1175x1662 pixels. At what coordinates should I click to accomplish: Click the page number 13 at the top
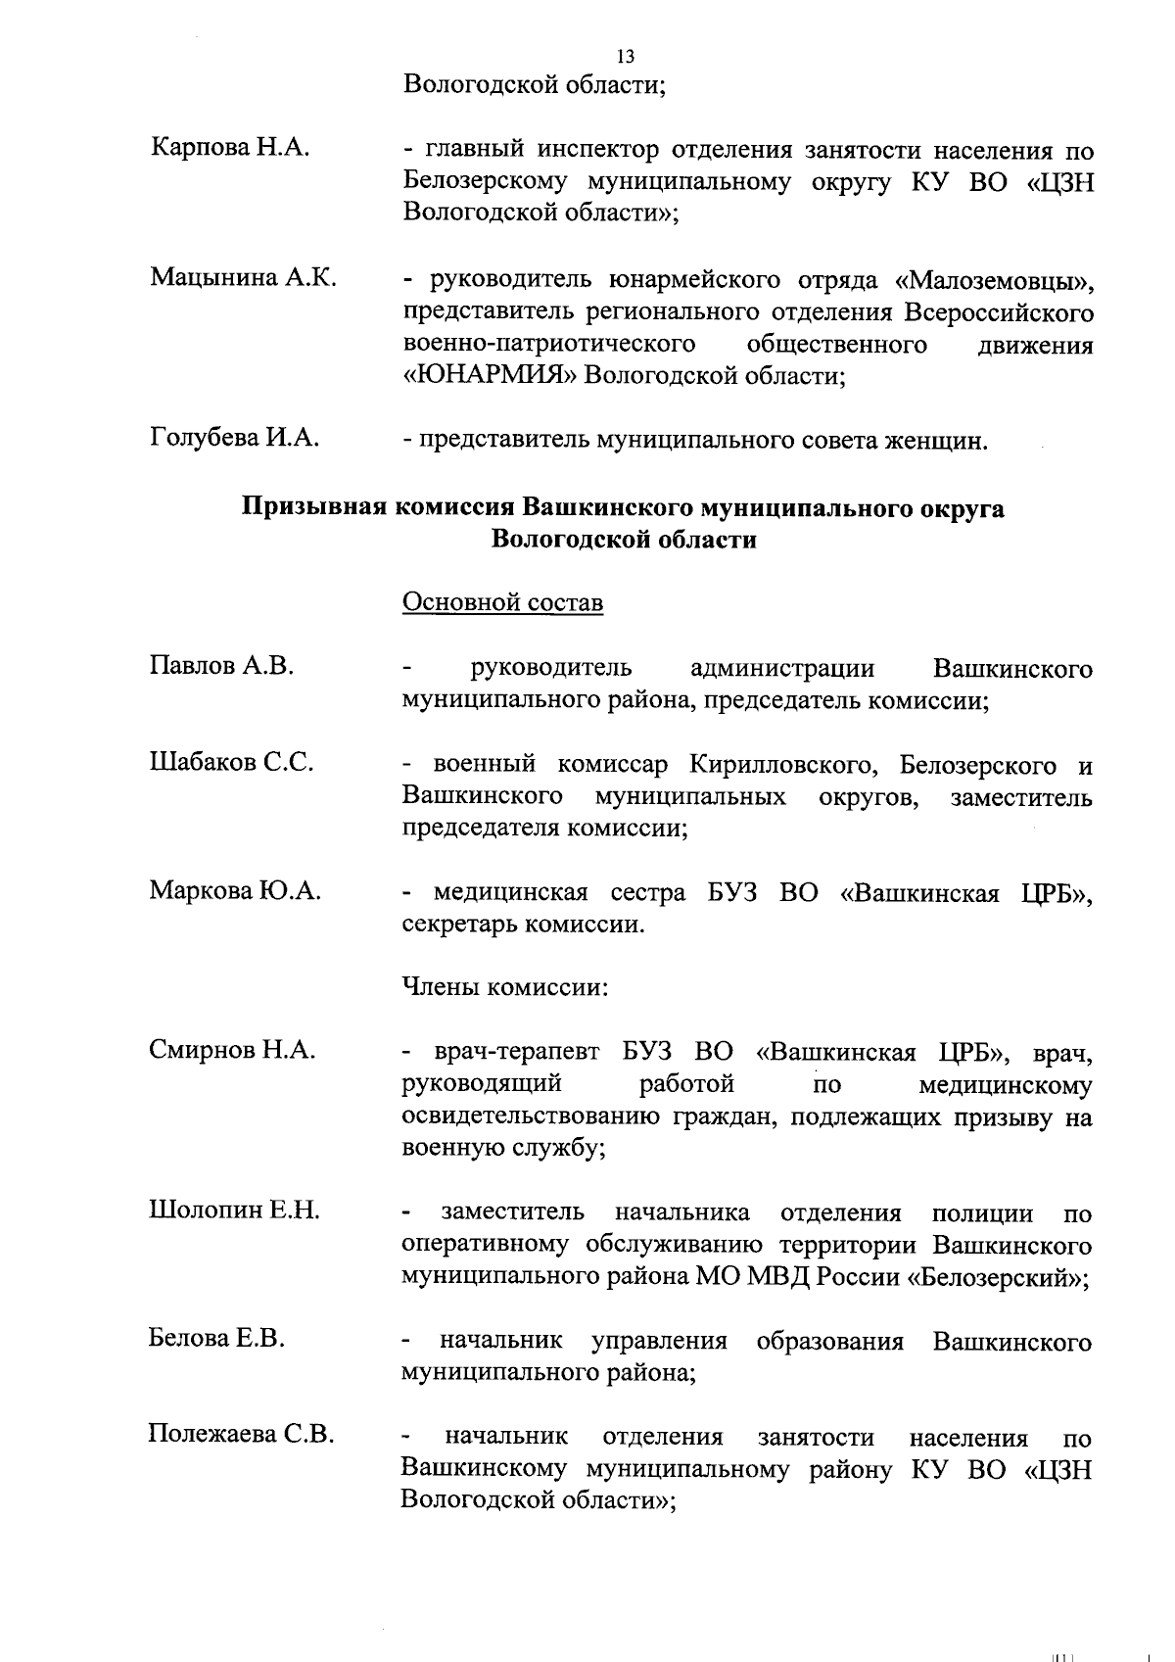click(627, 57)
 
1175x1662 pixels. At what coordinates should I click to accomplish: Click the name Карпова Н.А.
click(231, 149)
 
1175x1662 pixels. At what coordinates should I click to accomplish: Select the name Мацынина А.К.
click(243, 277)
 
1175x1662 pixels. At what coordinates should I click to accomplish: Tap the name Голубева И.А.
click(235, 438)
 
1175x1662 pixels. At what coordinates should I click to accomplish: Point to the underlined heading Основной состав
click(503, 601)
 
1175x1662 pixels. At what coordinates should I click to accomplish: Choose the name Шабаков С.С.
click(231, 762)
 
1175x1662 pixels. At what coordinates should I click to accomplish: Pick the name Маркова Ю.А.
click(235, 890)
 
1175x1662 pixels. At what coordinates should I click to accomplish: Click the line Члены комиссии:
click(506, 986)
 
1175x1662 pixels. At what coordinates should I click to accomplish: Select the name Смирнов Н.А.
click(232, 1051)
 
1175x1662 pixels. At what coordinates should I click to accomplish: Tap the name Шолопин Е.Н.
click(234, 1211)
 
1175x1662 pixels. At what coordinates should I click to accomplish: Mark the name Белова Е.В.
click(216, 1338)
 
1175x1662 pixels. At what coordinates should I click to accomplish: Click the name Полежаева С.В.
click(241, 1435)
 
